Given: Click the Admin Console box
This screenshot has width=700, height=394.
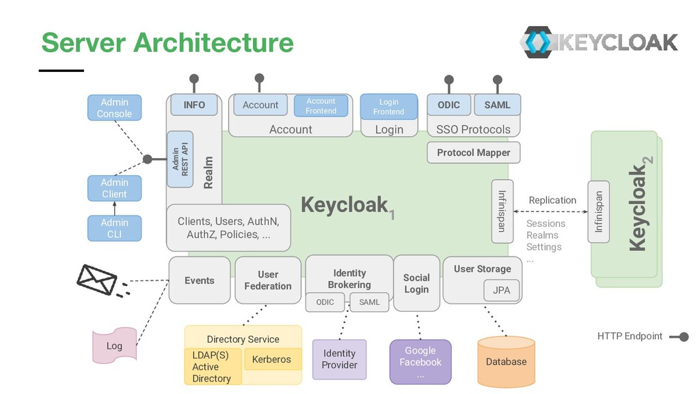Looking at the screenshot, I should (114, 108).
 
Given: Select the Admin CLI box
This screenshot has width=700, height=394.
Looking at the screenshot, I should (114, 228).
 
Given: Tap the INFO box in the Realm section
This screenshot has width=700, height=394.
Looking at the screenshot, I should (194, 105).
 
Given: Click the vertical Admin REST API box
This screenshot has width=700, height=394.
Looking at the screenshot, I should (180, 159).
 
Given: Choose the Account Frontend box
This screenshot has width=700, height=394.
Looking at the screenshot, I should (321, 105).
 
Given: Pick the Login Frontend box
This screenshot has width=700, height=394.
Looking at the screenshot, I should (388, 106).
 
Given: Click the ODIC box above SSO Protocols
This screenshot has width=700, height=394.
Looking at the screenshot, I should (448, 105).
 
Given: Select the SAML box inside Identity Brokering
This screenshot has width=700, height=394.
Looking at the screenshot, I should (369, 302).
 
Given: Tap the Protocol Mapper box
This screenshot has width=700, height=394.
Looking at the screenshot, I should (473, 153).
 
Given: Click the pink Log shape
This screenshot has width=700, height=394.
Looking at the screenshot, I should (114, 345).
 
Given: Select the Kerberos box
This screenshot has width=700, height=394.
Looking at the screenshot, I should (271, 359).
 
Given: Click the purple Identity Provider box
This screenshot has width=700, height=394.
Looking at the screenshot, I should (339, 359).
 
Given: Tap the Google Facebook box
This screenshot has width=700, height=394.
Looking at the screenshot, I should (420, 362).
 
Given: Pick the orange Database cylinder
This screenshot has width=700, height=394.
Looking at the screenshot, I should (506, 360).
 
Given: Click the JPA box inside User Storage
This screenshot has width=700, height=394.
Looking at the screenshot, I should (501, 290).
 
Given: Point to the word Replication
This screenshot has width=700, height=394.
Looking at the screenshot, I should (552, 200).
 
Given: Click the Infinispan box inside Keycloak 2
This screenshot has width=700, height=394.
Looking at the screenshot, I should (599, 211).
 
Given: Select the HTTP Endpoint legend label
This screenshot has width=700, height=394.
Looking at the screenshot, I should (630, 336).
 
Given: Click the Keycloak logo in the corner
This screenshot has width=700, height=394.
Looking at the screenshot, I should (599, 42).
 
